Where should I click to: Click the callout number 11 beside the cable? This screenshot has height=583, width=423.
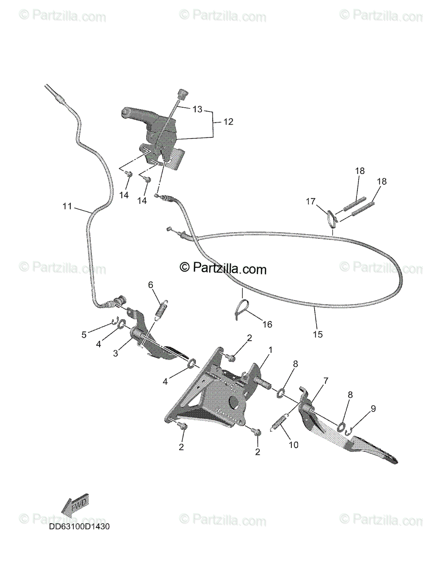(x=67, y=206)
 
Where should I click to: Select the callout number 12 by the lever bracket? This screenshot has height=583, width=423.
(x=228, y=122)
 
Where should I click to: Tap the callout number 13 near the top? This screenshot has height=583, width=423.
(x=197, y=109)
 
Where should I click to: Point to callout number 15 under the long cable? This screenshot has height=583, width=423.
(x=318, y=334)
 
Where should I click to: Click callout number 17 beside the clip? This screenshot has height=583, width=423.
(x=311, y=201)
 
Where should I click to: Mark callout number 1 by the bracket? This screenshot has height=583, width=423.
(x=271, y=349)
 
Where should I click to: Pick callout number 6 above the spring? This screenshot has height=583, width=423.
(x=151, y=284)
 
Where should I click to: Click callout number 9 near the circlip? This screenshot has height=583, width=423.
(x=373, y=409)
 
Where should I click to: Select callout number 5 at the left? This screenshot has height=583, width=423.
(x=84, y=334)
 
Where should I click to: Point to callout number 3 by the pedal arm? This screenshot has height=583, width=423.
(x=116, y=354)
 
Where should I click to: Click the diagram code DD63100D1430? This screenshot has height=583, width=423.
(x=79, y=526)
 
